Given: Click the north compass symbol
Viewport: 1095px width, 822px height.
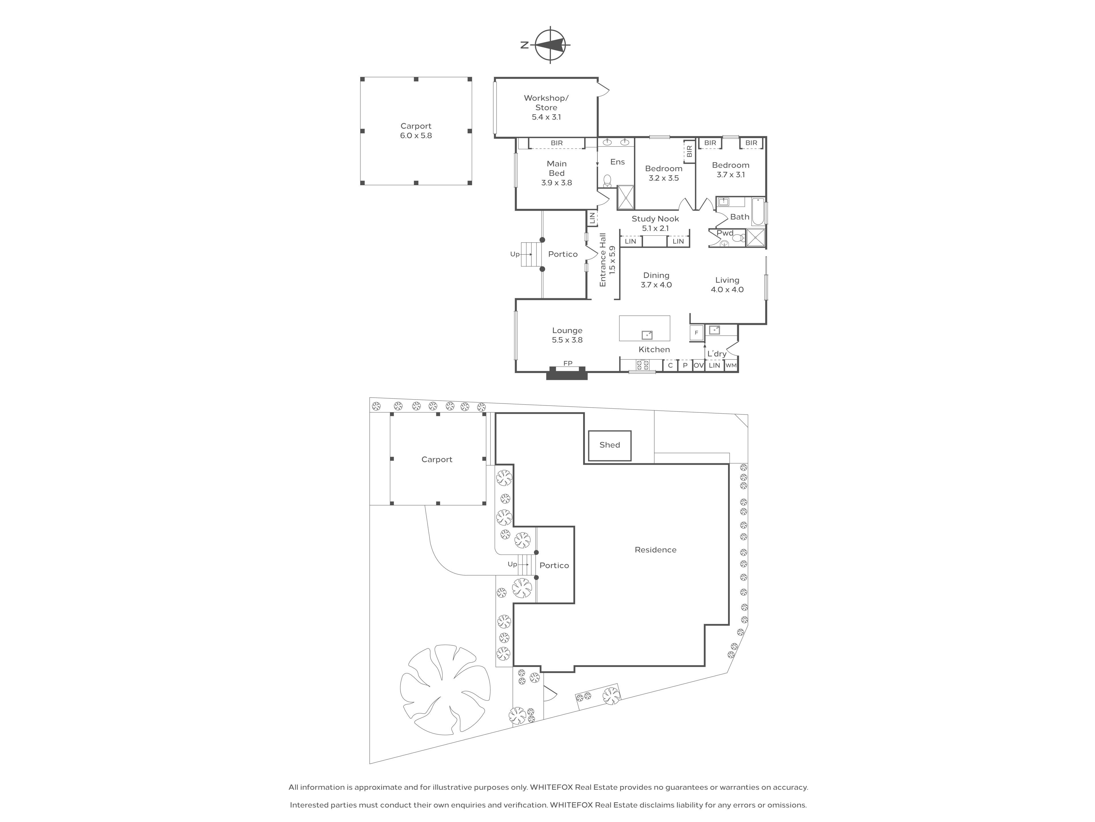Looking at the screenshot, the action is coord(550,45).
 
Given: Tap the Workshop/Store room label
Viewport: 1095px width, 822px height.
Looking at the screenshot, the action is coord(546,102).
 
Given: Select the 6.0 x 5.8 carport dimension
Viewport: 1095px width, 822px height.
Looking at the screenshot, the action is coord(416,135).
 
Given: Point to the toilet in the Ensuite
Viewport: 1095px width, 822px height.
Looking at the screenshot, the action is coord(607,180).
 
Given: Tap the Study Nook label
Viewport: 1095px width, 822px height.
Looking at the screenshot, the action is coord(655,219).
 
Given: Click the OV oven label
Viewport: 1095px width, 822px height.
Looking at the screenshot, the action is coord(698,365).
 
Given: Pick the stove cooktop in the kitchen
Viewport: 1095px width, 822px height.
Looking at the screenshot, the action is coord(642,365).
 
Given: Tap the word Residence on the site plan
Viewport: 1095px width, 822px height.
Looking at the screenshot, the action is coord(655,549).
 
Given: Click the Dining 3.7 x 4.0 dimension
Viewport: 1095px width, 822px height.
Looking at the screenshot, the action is coord(656,285).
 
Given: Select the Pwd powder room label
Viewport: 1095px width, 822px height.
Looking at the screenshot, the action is coord(725,233).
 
